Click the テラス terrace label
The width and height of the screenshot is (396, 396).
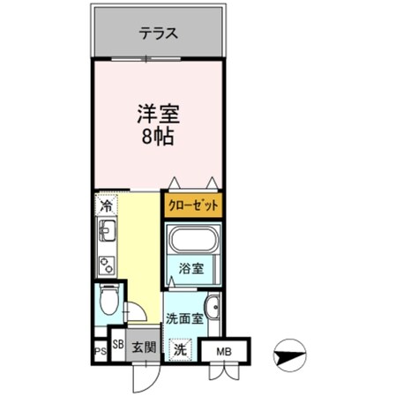[x=160, y=34]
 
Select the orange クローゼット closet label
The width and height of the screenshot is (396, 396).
[x=191, y=205]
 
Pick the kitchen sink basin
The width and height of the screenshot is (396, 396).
[x=108, y=235]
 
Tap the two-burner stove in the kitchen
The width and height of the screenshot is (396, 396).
[x=108, y=264]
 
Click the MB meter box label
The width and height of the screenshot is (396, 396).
[x=226, y=352]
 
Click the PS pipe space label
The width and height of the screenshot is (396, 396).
[x=101, y=353]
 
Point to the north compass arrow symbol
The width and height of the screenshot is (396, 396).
[x=288, y=357]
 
